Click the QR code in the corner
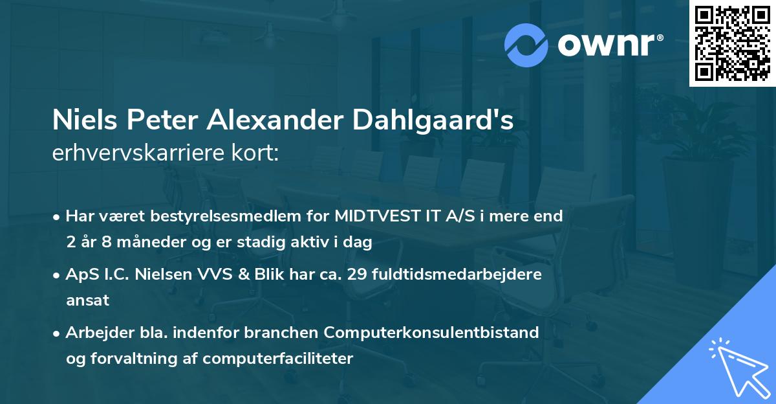731,43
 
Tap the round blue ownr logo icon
526,45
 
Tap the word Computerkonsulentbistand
432,332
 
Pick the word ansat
88,300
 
